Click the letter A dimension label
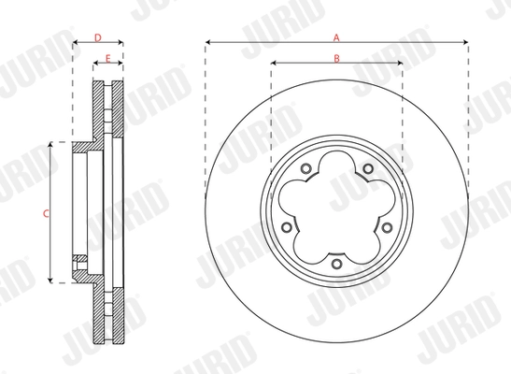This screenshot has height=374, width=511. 335,36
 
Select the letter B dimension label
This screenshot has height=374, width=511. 335,60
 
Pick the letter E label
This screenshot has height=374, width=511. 108,60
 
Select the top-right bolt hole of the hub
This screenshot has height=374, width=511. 368,169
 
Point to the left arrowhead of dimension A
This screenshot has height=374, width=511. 207,43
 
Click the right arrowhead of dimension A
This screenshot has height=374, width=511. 463,43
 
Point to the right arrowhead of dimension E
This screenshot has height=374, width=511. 121,66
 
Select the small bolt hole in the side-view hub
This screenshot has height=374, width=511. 81,259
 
